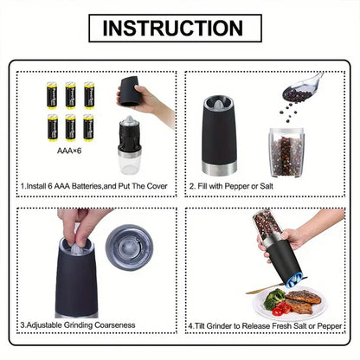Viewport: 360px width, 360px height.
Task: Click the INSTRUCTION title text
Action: coord(179,27)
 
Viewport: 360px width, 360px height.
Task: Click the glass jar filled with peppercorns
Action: coord(286,151)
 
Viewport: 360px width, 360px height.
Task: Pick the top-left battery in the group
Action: coord(53,94)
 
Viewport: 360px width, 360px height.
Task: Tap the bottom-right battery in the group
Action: coord(88,126)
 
